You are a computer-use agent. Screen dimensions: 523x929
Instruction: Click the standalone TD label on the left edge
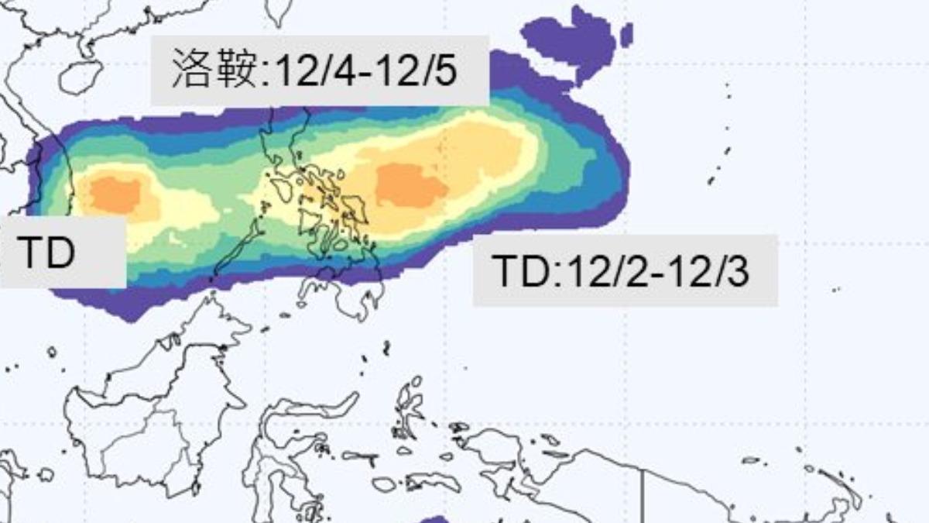click(46, 253)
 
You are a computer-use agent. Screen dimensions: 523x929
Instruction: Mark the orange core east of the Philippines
click(411, 186)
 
